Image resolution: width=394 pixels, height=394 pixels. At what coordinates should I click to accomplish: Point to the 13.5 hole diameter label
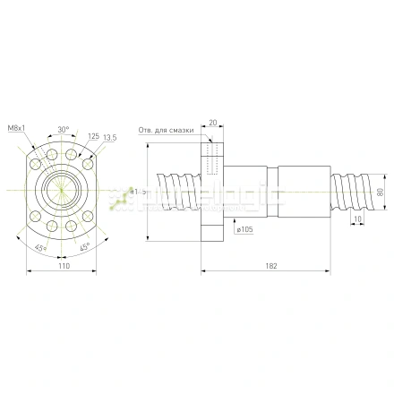(x=109, y=137)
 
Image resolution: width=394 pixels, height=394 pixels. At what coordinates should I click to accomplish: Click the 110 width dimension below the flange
(x=63, y=267)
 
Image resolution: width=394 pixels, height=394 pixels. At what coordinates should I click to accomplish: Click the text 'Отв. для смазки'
(x=167, y=128)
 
